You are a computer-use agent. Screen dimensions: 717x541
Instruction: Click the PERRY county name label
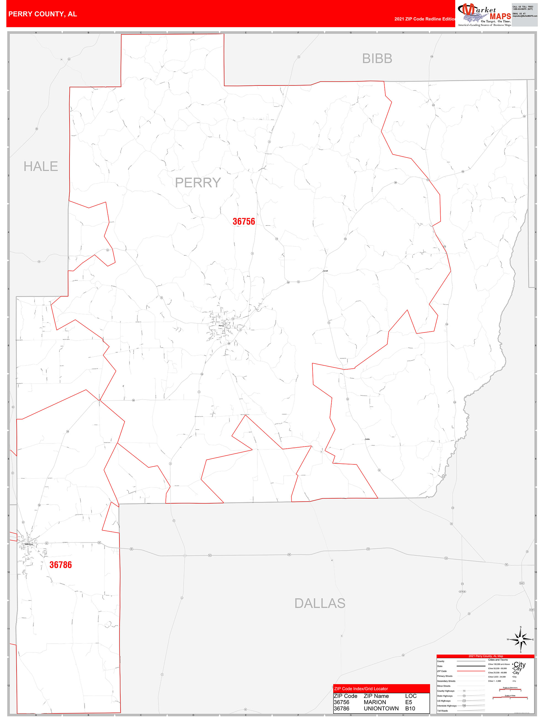click(x=198, y=183)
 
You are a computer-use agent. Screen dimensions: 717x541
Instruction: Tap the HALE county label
click(x=41, y=167)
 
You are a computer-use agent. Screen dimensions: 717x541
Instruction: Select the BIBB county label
click(x=377, y=59)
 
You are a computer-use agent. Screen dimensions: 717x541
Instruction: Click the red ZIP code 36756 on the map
click(x=244, y=222)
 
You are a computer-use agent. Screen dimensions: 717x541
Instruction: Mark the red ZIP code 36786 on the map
click(x=61, y=565)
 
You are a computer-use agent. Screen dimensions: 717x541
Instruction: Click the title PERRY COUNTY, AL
click(x=42, y=14)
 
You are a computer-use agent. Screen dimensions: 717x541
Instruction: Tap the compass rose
click(x=520, y=639)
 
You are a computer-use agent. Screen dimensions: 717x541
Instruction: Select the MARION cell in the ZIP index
click(x=375, y=702)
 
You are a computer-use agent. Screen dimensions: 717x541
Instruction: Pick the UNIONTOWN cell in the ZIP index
click(x=381, y=708)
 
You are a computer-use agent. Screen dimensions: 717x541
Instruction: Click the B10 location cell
click(x=410, y=708)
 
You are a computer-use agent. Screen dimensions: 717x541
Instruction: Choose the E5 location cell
click(x=409, y=702)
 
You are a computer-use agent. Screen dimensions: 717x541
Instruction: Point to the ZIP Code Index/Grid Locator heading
click(x=361, y=689)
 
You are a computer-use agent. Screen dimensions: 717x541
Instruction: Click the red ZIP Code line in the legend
click(x=471, y=671)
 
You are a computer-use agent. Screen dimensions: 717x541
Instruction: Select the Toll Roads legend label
click(x=443, y=710)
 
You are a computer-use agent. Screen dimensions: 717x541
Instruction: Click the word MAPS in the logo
click(x=500, y=17)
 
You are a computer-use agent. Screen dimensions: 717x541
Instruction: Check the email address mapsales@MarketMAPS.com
click(x=525, y=16)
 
